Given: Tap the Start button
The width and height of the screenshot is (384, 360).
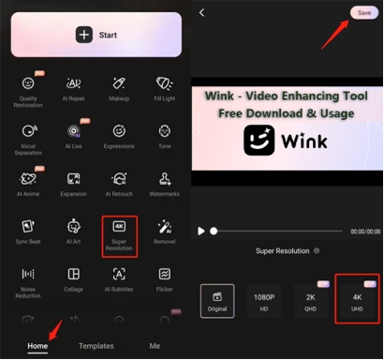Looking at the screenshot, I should tap(96, 34).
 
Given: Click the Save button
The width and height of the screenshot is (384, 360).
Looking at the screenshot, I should tap(362, 12).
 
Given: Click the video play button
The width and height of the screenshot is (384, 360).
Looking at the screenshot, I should tap(201, 231).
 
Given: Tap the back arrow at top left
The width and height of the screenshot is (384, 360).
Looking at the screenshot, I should tap(202, 12).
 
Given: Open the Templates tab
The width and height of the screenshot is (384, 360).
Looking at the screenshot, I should tap(96, 346).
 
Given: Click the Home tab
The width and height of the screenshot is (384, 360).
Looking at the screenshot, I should tap(37, 346).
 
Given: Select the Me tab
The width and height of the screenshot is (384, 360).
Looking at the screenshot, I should tap(155, 346).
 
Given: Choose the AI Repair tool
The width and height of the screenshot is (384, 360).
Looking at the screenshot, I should tap(73, 89).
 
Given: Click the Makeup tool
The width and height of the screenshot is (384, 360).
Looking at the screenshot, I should tap(119, 89).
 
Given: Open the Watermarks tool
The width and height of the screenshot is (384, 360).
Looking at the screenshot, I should tap(165, 184).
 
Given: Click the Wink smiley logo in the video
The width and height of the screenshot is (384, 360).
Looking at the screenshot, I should tap(258, 142).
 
